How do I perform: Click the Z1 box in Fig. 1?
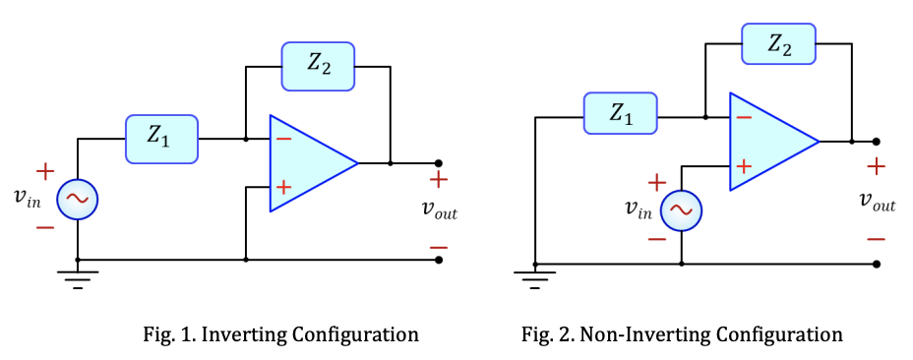pyautogui.click(x=161, y=139)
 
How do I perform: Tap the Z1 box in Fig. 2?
pyautogui.click(x=620, y=115)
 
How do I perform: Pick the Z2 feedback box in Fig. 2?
pyautogui.click(x=777, y=44)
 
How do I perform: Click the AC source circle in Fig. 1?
pyautogui.click(x=78, y=200)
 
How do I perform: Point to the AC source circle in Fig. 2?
pyautogui.click(x=681, y=209)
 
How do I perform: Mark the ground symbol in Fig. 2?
pyautogui.click(x=535, y=280)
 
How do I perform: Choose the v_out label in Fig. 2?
pyautogui.click(x=877, y=202)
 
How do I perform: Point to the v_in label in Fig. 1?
pyautogui.click(x=28, y=198)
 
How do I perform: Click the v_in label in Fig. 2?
pyautogui.click(x=638, y=208)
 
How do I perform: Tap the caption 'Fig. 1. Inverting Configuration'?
pyautogui.click(x=280, y=334)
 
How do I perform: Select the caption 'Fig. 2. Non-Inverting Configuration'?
pyautogui.click(x=682, y=334)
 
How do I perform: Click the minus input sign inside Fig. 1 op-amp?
pyautogui.click(x=283, y=139)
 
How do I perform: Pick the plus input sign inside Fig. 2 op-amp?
pyautogui.click(x=744, y=166)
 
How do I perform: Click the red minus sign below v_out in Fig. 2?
pyautogui.click(x=876, y=238)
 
